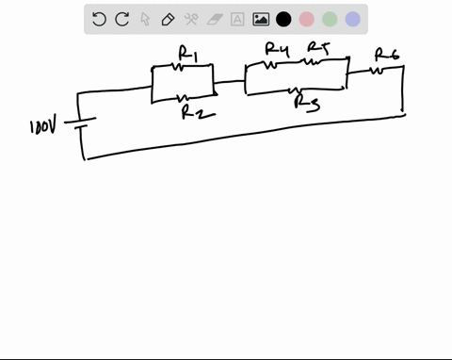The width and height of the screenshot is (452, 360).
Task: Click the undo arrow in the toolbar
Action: click(x=99, y=19)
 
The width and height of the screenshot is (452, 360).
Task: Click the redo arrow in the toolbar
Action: click(x=121, y=19)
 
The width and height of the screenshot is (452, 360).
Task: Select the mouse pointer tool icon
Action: click(x=145, y=19)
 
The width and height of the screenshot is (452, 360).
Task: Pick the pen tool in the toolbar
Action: click(x=168, y=19)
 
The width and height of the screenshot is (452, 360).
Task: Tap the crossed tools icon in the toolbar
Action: click(x=191, y=19)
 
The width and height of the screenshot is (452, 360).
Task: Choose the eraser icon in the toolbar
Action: click(x=214, y=19)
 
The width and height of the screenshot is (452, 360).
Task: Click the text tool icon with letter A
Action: click(x=237, y=19)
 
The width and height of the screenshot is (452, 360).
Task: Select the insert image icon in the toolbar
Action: click(x=261, y=19)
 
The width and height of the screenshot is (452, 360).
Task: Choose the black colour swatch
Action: click(x=283, y=19)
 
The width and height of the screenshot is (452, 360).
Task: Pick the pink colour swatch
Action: click(x=307, y=19)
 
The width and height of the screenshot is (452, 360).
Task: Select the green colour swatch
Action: click(x=330, y=19)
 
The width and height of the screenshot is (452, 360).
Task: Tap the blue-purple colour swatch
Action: click(x=353, y=19)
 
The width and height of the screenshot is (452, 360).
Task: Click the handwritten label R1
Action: click(x=187, y=57)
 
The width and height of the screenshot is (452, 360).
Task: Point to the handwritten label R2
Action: click(x=196, y=112)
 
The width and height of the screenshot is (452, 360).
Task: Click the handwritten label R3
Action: click(x=306, y=103)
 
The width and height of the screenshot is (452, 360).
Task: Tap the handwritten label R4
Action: click(x=276, y=49)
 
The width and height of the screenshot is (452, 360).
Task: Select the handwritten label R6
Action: click(x=386, y=54)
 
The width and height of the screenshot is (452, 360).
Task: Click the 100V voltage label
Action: click(x=44, y=126)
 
